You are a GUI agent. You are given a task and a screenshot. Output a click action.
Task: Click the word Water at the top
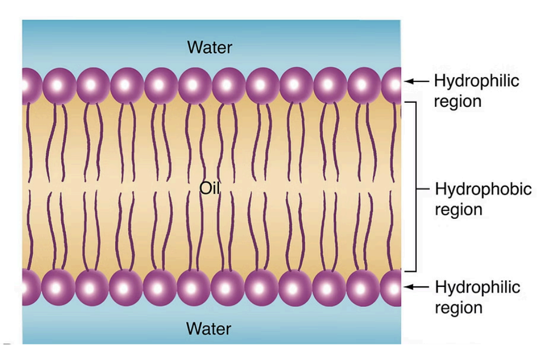click(x=210, y=48)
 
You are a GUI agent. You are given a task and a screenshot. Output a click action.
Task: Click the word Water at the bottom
click(x=210, y=328)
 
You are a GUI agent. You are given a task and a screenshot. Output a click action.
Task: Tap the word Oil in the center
click(x=210, y=190)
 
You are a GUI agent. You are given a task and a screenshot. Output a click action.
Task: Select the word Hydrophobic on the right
click(x=483, y=189)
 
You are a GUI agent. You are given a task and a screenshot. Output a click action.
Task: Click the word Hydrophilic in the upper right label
click(x=477, y=81)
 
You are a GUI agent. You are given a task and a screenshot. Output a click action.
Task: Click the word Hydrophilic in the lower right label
click(x=477, y=286)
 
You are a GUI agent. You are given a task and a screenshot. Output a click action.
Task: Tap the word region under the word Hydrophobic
click(x=458, y=210)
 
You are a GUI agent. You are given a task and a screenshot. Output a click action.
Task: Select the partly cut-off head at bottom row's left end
click(x=29, y=287)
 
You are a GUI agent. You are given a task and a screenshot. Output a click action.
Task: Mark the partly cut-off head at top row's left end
click(x=29, y=84)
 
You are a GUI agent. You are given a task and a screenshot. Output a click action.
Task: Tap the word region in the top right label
click(x=458, y=101)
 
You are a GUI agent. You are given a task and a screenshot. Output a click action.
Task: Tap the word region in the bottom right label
click(x=458, y=307)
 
